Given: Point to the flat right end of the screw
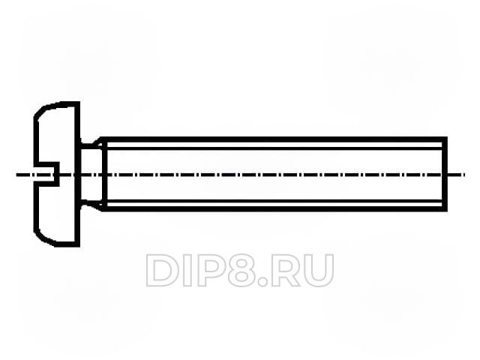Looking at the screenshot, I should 446,174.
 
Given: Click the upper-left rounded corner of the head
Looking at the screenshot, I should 37,113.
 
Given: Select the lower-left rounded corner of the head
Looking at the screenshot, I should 37,235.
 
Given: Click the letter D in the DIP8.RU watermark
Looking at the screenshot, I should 162,270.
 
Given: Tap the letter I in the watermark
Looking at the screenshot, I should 187,270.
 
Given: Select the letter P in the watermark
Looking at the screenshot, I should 209,270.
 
